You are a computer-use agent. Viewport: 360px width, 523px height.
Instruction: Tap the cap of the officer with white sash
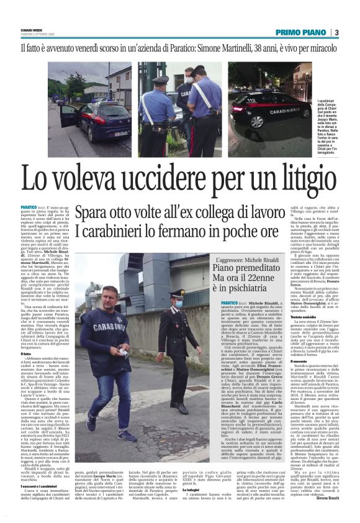point(161,80)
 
